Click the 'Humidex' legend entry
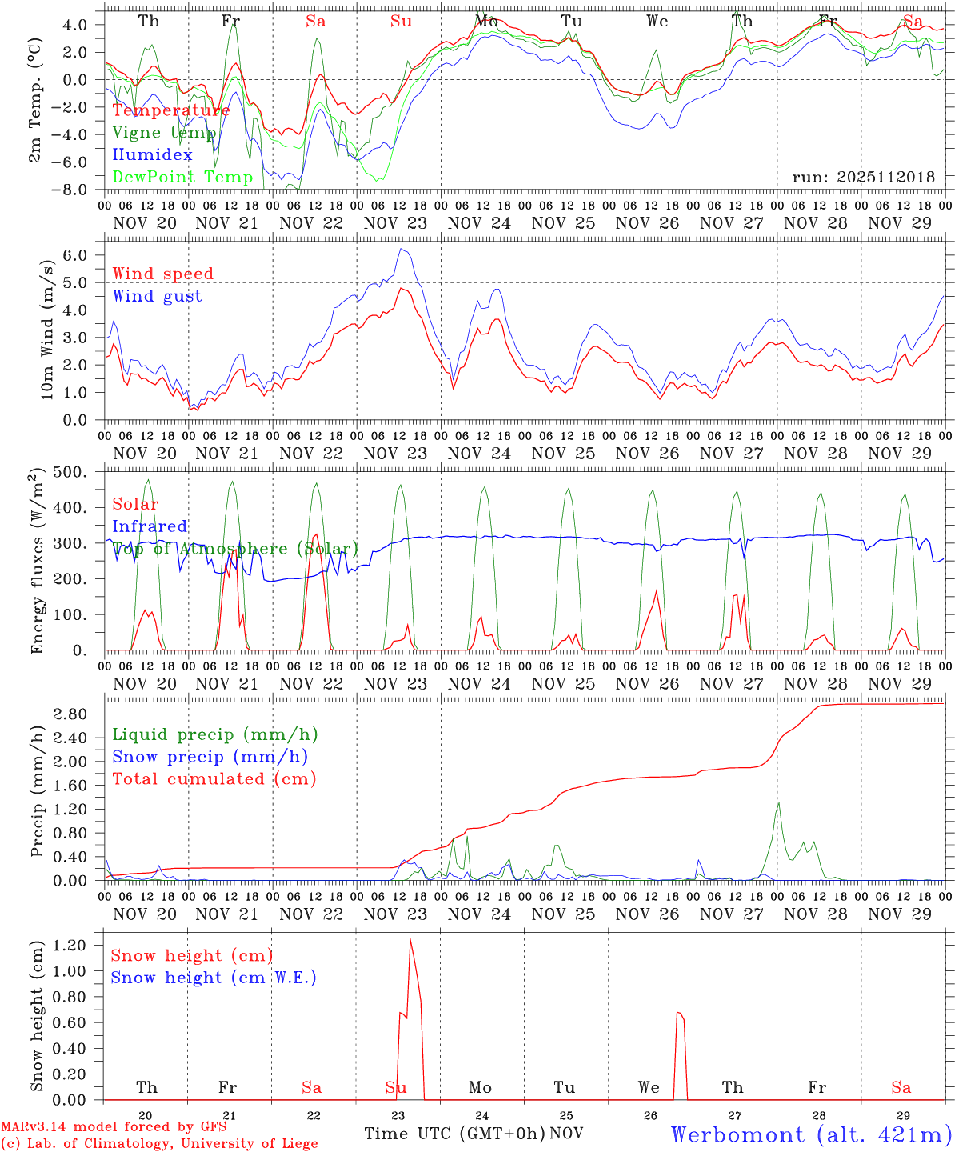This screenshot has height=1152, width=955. point(152,155)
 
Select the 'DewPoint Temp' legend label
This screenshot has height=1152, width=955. point(182,178)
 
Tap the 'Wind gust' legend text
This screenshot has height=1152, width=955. point(157,296)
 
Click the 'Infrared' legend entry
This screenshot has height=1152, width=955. point(150,526)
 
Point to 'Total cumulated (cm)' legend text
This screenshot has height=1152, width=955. point(214,778)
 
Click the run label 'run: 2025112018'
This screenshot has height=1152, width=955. point(863,177)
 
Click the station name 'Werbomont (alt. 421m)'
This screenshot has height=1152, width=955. point(811,1134)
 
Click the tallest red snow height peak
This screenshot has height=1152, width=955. point(410,939)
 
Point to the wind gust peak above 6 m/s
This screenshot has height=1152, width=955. point(402,250)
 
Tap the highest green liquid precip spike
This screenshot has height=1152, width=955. point(778,803)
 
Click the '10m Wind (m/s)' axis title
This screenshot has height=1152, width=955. point(46,328)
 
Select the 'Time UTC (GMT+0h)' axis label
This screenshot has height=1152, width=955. point(454,1134)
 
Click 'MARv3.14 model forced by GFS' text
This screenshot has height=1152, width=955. point(114,1126)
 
